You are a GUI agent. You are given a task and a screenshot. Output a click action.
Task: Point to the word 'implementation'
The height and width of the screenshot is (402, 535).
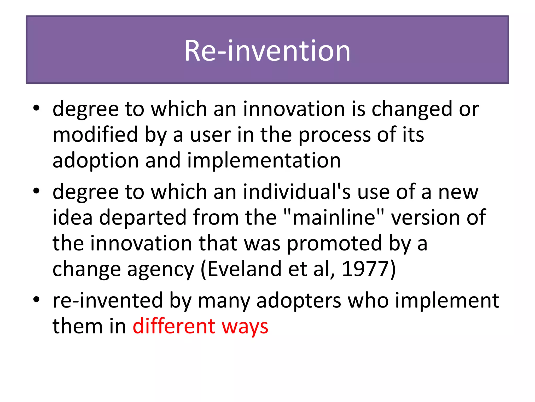coord(264,161)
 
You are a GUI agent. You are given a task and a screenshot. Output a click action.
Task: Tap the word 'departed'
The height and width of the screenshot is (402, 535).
coord(143,217)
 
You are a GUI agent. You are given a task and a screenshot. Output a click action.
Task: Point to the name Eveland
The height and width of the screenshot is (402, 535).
coord(245,269)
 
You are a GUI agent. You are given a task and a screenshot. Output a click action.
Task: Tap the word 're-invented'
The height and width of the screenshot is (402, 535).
coord(108,300)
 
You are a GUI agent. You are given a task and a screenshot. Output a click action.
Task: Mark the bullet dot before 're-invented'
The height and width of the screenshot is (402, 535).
coord(36,299)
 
